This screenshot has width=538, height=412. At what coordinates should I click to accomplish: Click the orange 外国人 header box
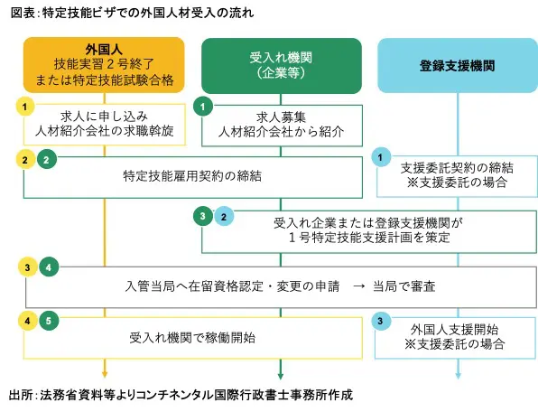tap(104, 65)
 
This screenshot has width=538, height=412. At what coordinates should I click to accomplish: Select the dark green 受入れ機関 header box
tap(282, 66)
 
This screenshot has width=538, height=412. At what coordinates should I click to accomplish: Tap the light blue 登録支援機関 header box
tap(458, 65)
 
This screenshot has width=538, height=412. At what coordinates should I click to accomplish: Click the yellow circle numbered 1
tap(25, 107)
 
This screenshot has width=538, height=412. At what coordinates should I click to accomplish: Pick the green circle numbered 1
tap(203, 107)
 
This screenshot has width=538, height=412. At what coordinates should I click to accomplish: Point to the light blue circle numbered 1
tap(380, 157)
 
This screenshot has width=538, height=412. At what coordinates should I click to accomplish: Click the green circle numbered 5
tap(49, 321)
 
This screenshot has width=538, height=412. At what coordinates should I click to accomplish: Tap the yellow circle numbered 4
tap(27, 321)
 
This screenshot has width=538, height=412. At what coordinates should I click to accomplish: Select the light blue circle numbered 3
tap(380, 322)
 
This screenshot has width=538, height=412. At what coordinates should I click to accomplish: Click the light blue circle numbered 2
tap(224, 217)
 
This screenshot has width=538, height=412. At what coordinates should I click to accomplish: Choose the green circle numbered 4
tap(49, 267)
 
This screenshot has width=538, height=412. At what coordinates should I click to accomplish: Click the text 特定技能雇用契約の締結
tap(192, 176)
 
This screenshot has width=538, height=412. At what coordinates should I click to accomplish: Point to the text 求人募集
tap(281, 117)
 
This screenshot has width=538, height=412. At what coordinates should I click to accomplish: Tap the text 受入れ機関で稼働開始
tap(192, 338)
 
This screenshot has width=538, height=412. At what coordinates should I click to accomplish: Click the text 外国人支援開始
tap(455, 330)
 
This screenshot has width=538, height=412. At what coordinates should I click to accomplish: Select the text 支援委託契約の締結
tap(457, 168)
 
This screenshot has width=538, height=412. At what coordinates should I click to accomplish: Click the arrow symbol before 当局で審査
tap(358, 286)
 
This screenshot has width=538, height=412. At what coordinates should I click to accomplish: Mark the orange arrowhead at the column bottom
tap(105, 374)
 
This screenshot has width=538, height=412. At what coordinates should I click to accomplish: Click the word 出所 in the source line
tap(21, 395)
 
